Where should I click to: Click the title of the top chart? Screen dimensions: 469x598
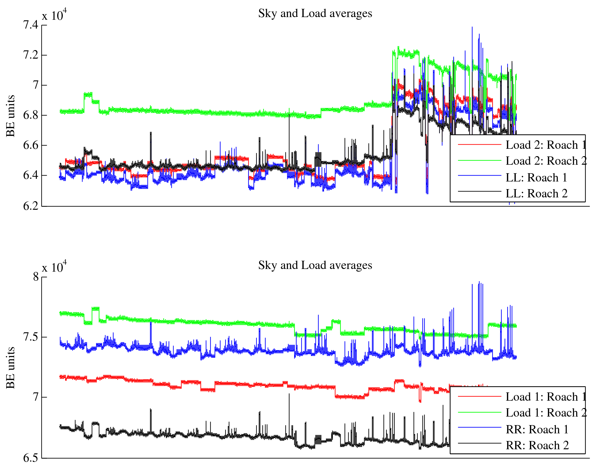(x=315, y=14)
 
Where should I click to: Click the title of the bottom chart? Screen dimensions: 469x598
(x=315, y=265)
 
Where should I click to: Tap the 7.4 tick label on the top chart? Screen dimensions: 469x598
(x=31, y=25)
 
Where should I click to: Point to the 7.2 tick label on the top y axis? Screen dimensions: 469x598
(x=31, y=55)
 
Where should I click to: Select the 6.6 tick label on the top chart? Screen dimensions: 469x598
(x=31, y=145)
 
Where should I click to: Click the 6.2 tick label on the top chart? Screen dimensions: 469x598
(x=31, y=206)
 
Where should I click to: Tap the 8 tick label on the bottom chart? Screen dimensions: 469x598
(x=36, y=277)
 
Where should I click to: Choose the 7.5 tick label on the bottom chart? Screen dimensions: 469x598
(x=31, y=337)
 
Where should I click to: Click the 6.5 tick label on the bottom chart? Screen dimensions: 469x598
(x=31, y=458)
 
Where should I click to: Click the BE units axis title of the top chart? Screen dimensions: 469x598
(x=11, y=116)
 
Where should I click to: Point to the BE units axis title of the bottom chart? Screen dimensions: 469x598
(x=11, y=368)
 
